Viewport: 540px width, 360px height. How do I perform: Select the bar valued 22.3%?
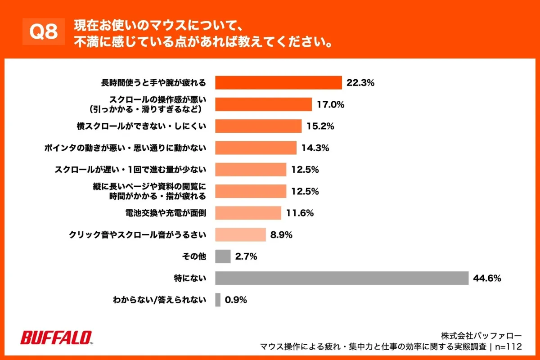point(279,83)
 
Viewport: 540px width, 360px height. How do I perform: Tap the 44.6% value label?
point(487,279)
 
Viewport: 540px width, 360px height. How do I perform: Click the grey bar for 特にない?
point(342,279)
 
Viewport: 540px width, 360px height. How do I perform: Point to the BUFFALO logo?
point(56,337)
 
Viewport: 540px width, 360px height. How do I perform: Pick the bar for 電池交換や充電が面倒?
point(248,213)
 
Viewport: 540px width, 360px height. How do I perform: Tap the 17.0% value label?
point(331,104)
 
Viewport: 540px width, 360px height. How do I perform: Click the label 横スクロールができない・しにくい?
point(141,126)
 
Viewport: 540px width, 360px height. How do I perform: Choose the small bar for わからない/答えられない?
point(218,300)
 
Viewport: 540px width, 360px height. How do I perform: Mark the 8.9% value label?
point(282,235)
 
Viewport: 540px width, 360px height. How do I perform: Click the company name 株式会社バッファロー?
point(481,336)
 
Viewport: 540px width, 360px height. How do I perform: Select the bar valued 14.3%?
point(256,148)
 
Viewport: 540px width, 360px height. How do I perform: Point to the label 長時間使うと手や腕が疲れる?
point(153,83)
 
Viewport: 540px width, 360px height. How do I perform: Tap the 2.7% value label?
point(246,256)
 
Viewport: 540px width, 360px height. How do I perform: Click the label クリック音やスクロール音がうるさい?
point(137,235)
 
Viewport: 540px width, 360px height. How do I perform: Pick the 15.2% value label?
point(320,126)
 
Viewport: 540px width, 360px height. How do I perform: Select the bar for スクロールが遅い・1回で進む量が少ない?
point(251,170)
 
